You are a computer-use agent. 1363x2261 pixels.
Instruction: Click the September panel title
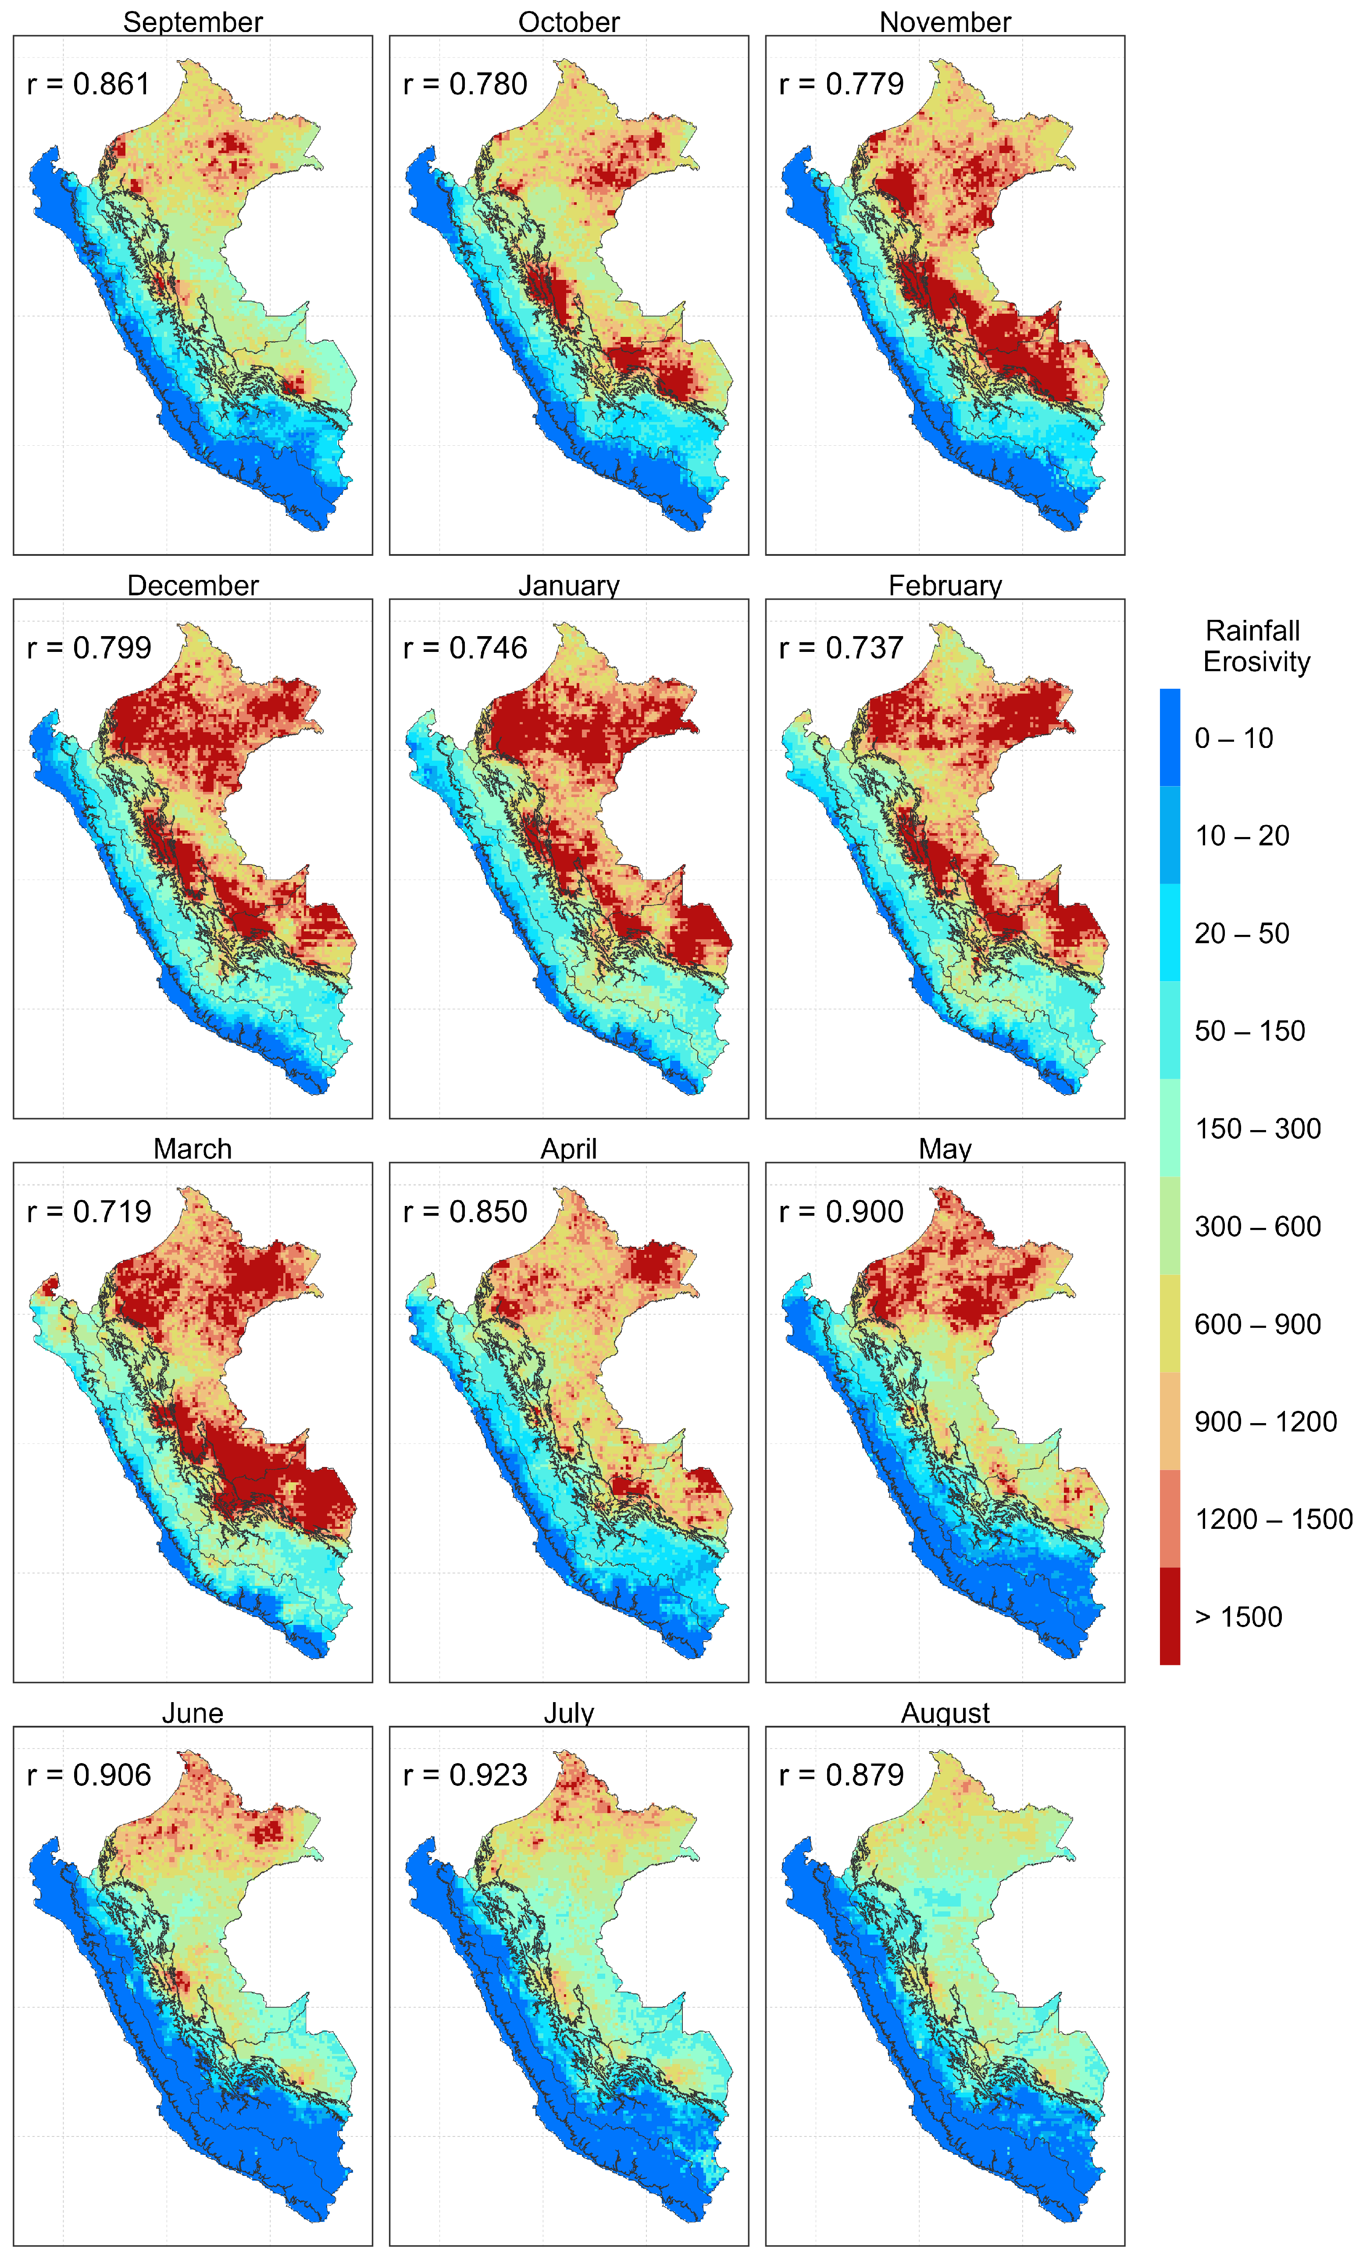pos(193,22)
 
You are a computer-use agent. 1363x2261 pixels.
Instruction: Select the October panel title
pos(569,22)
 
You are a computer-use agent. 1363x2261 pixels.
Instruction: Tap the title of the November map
pos(945,22)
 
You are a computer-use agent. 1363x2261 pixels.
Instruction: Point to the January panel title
pos(569,586)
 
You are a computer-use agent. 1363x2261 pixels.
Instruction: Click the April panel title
pos(569,1149)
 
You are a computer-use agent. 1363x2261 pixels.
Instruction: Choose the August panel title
pos(945,1713)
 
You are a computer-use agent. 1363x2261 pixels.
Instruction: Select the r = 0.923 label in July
pos(465,1775)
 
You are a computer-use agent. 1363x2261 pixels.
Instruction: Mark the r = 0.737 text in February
pos(841,648)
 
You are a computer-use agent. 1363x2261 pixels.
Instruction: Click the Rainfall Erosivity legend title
pos(1256,646)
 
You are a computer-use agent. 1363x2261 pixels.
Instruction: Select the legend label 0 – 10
pos(1234,738)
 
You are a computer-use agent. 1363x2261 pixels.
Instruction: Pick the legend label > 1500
pos(1237,1617)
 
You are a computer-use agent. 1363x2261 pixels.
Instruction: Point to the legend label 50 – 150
pos(1249,1030)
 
